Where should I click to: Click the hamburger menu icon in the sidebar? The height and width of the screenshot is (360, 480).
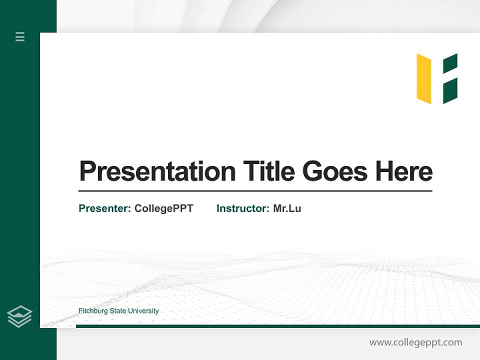pyautogui.click(x=20, y=36)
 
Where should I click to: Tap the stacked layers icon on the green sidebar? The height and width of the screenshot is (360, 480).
pyautogui.click(x=19, y=316)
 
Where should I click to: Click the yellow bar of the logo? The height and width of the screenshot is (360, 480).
pyautogui.click(x=424, y=78)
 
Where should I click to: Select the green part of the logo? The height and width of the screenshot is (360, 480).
pyautogui.click(x=450, y=78)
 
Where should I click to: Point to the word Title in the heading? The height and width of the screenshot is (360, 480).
pyautogui.click(x=268, y=171)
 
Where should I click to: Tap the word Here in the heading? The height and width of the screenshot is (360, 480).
pyautogui.click(x=404, y=171)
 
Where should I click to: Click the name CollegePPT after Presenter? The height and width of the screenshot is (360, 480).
pyautogui.click(x=163, y=208)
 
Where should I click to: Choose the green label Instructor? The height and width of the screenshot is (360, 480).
pyautogui.click(x=243, y=208)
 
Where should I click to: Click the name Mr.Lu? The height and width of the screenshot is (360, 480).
pyautogui.click(x=287, y=208)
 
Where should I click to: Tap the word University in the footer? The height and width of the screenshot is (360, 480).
pyautogui.click(x=143, y=311)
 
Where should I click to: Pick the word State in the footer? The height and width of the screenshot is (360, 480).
pyautogui.click(x=118, y=311)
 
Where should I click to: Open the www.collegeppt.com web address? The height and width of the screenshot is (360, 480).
pyautogui.click(x=415, y=342)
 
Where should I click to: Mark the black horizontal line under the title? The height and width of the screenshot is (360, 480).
pyautogui.click(x=255, y=191)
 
